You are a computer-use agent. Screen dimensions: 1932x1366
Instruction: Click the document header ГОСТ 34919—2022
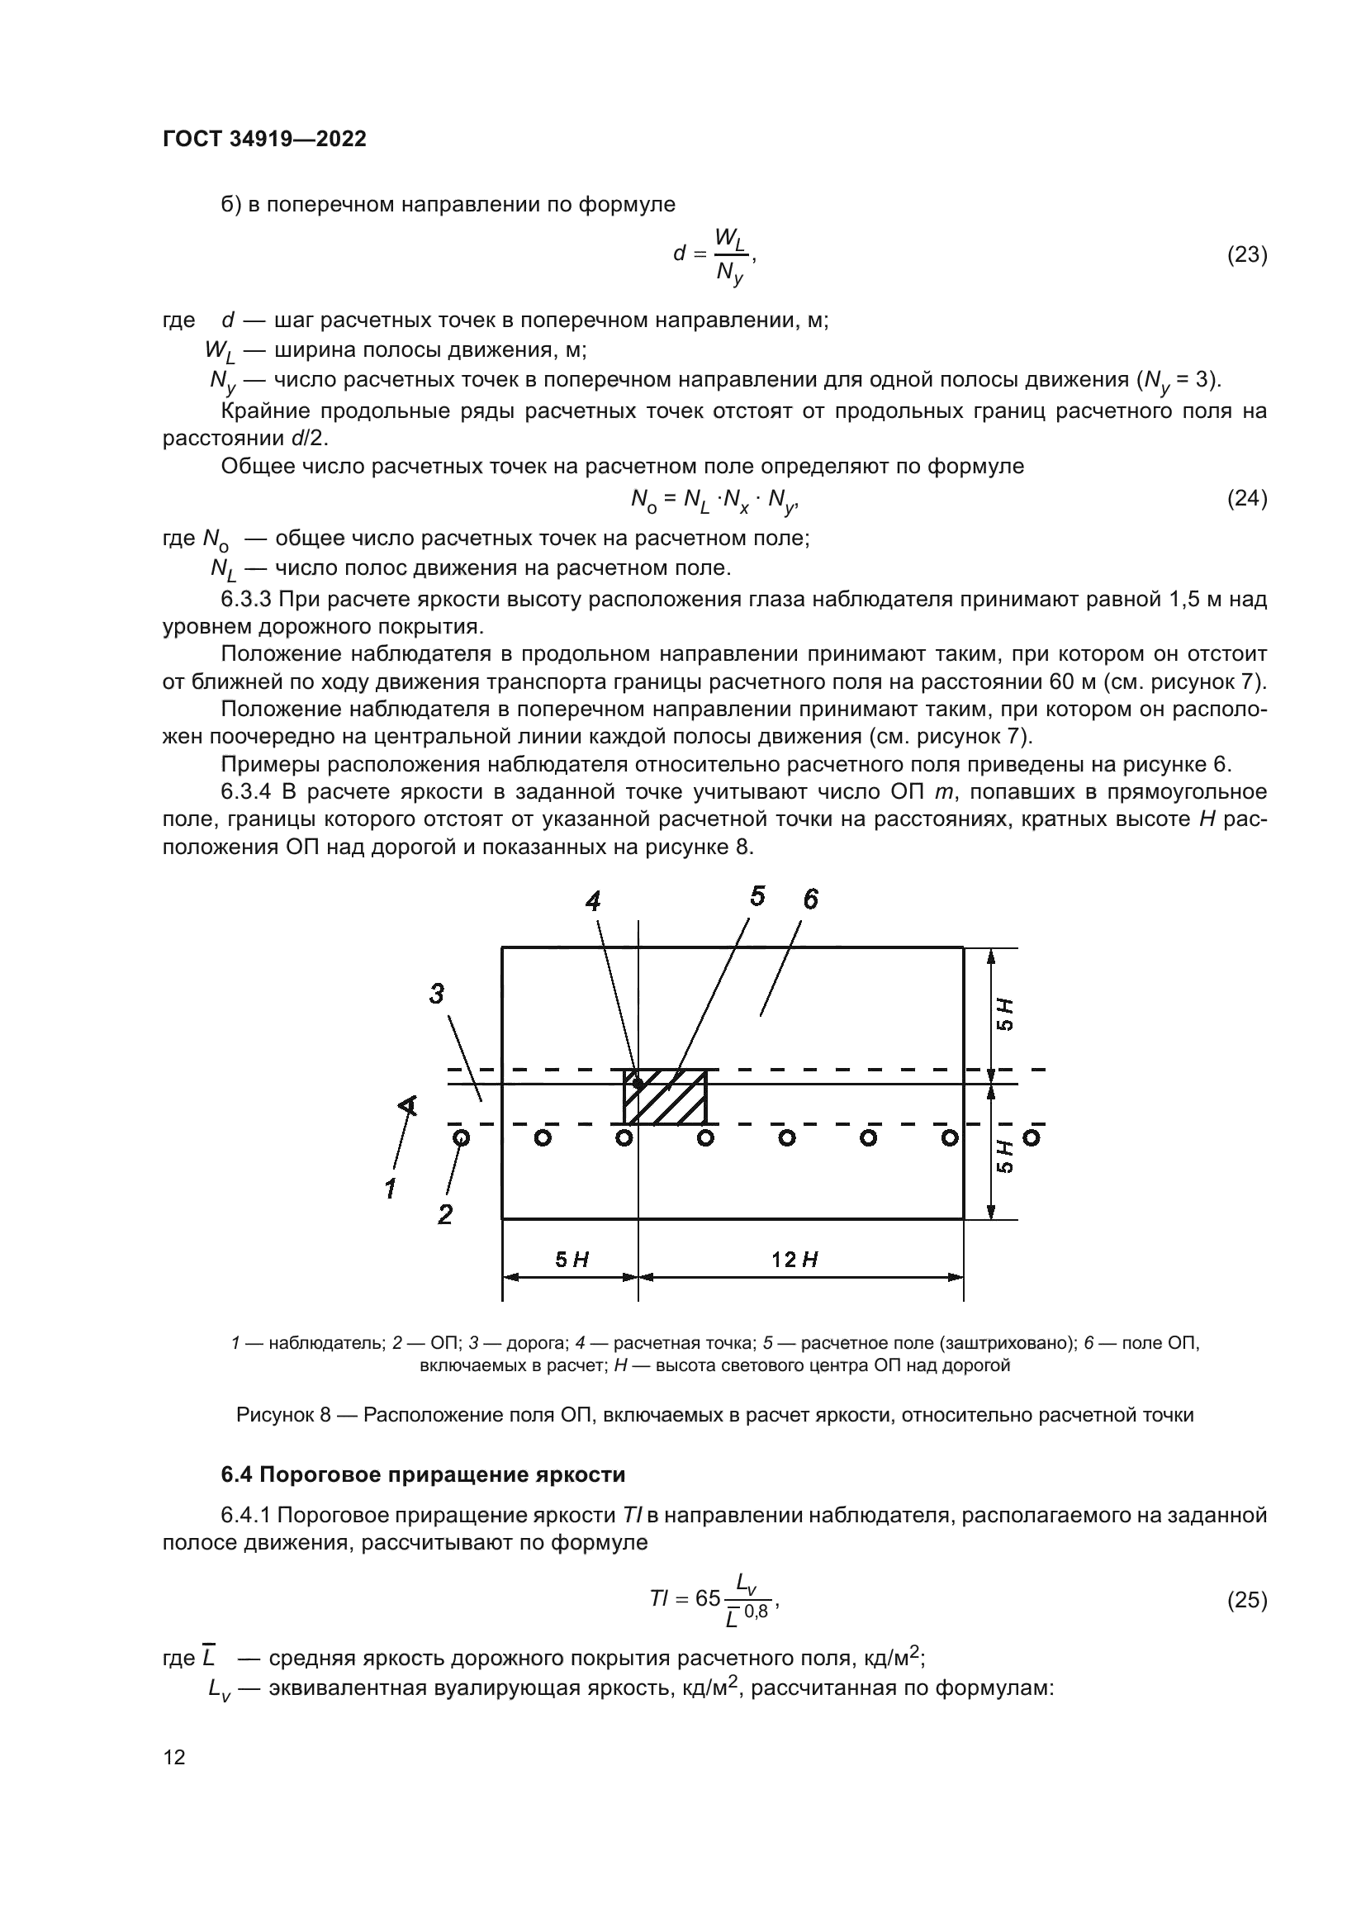click(264, 140)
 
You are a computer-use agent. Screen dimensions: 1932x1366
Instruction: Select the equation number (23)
click(1247, 255)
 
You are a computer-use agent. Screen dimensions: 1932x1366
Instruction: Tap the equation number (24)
click(1247, 499)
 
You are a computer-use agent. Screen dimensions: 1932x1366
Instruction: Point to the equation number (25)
click(1247, 1600)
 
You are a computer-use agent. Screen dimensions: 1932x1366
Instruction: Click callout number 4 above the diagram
click(593, 902)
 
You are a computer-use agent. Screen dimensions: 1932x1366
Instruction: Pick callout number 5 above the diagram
click(757, 897)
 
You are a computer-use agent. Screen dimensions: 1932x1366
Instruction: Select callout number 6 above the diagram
click(810, 900)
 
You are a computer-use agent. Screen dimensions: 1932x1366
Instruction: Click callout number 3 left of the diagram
click(437, 994)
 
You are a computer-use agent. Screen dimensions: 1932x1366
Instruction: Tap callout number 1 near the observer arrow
click(391, 1189)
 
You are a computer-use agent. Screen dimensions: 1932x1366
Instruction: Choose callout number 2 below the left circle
click(445, 1214)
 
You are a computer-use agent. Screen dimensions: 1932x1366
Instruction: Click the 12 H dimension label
click(794, 1260)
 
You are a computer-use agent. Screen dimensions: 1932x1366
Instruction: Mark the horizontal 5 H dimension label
click(572, 1260)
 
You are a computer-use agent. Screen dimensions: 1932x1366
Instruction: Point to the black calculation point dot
click(638, 1084)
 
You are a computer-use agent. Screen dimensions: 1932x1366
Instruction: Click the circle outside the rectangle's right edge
click(1032, 1137)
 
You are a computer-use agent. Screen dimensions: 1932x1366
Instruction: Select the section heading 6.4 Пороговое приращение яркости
click(423, 1474)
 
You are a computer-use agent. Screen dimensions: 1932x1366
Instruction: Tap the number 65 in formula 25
click(709, 1598)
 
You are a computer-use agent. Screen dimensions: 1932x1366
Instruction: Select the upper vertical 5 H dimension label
click(1005, 1014)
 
